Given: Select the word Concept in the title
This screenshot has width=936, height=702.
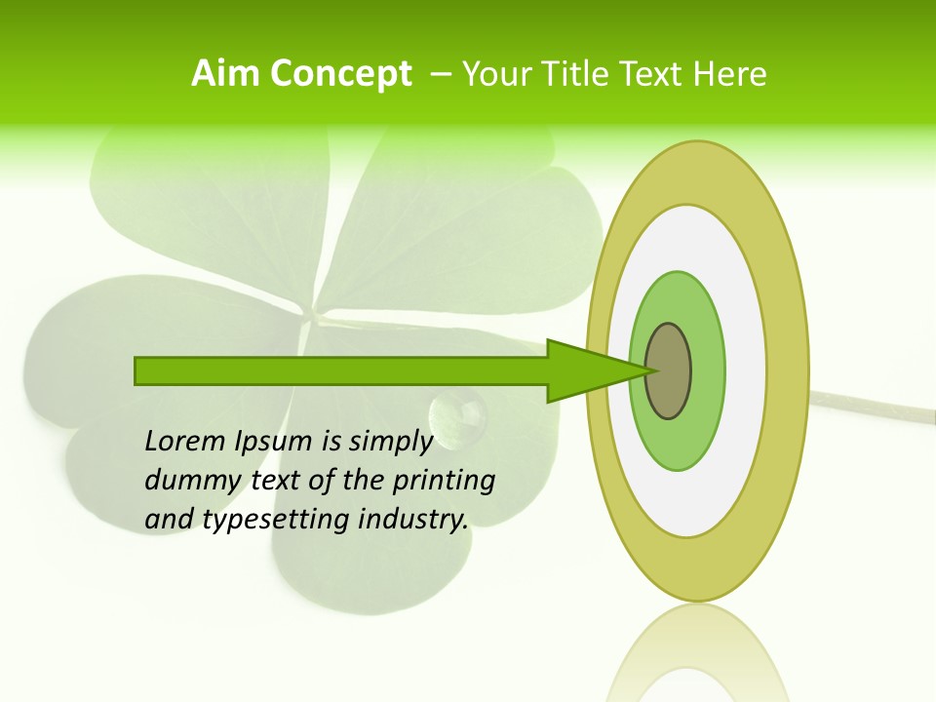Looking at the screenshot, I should coord(341,74).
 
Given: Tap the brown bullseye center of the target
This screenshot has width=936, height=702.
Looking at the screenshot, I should coord(670,370).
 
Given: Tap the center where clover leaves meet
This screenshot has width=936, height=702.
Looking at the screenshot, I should coord(314,318).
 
